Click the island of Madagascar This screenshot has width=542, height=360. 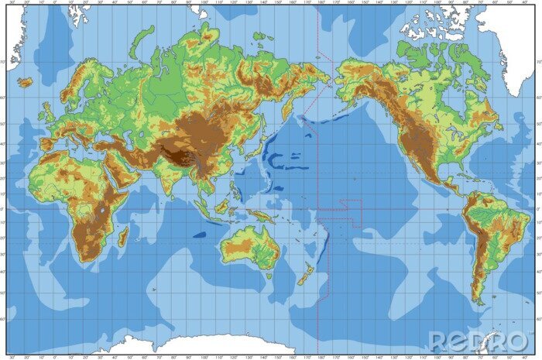[x=122, y=236]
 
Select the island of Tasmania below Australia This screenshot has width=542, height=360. [x=268, y=276]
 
